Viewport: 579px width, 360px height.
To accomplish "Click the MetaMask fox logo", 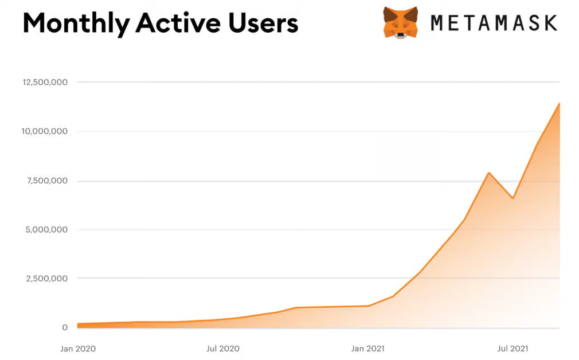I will pos(400,22).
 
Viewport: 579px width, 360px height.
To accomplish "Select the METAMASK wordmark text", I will pos(494,23).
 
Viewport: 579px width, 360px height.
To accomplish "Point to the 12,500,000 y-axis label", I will pos(45,82).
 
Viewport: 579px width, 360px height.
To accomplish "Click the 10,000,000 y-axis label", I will pos(45,131).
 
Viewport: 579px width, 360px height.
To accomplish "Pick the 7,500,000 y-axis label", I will pos(48,181).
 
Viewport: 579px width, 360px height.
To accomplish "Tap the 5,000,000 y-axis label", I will pos(48,230).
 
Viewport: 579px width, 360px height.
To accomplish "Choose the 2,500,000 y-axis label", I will pos(48,279).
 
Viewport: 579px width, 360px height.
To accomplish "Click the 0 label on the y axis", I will pos(65,327).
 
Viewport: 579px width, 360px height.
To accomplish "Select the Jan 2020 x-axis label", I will pos(78,348).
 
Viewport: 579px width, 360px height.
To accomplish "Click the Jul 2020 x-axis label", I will pos(222,348).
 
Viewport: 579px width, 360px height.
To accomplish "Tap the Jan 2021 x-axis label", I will pos(368,348).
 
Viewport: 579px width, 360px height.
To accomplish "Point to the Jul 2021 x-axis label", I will pos(513,348).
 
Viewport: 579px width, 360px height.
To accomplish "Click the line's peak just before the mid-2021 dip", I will pos(488,173).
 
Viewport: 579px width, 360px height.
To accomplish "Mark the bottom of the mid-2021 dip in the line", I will pos(513,198).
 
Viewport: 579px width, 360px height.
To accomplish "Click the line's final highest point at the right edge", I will pos(559,104).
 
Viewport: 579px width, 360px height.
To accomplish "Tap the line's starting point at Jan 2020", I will pos(78,324).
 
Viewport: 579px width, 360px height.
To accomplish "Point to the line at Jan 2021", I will pos(368,306).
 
